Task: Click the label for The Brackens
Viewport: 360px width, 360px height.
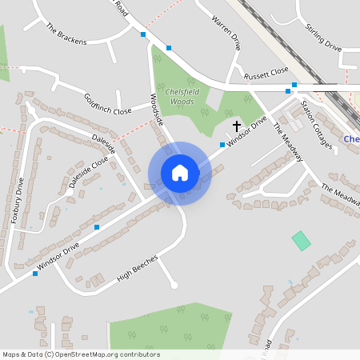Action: (66, 34)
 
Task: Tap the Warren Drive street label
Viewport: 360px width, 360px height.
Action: (226, 30)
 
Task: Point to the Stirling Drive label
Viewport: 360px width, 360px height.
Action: (323, 38)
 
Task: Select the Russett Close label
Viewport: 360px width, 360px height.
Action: (266, 71)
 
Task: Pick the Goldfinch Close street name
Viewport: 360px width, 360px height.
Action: (107, 104)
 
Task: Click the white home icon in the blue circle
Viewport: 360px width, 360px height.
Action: (179, 173)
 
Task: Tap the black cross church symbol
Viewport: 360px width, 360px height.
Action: (237, 126)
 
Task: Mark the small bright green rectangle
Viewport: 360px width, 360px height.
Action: (301, 239)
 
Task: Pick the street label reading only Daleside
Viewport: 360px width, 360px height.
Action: (104, 144)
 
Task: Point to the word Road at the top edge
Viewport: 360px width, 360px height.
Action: (121, 8)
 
